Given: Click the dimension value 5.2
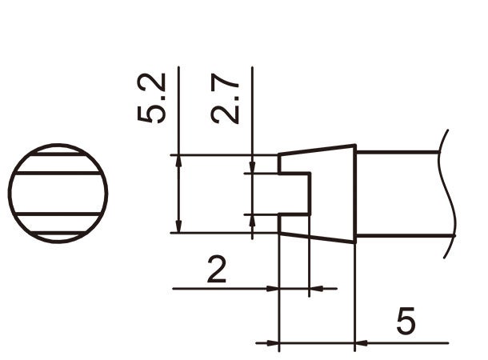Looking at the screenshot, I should pyautogui.click(x=152, y=98).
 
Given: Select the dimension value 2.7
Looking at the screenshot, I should pyautogui.click(x=226, y=98).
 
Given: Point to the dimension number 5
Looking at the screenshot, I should pyautogui.click(x=406, y=322).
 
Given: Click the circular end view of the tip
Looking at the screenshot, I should pyautogui.click(x=58, y=194).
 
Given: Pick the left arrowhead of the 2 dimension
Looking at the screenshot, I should pyautogui.click(x=272, y=288).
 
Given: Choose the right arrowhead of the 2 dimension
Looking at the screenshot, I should pyautogui.click(x=314, y=288).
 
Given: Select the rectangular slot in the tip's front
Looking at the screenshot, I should pyautogui.click(x=294, y=194).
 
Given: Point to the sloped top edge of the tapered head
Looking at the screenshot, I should pyautogui.click(x=317, y=150).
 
